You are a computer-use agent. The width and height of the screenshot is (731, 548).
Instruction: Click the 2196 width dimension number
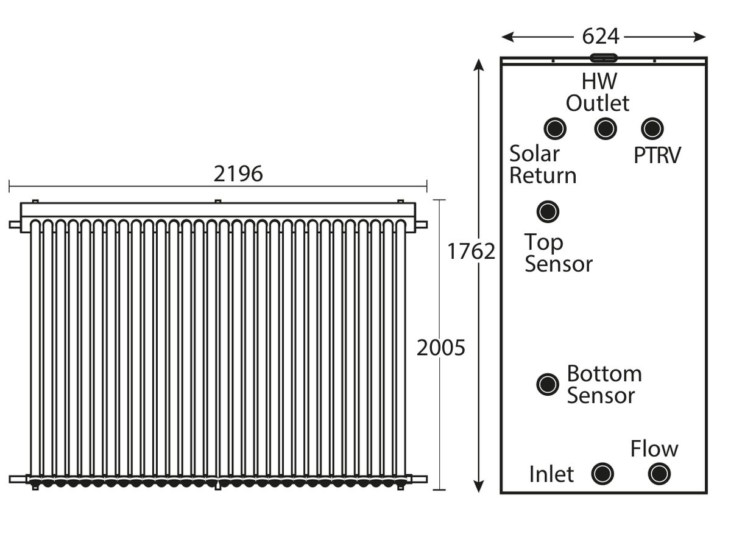click(x=238, y=174)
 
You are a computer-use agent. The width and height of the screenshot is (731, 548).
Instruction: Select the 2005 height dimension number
click(x=440, y=348)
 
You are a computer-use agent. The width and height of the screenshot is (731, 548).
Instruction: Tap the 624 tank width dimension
click(x=600, y=37)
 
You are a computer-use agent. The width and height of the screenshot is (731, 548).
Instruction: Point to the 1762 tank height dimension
click(x=471, y=251)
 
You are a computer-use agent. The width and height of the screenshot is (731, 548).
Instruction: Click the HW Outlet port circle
click(x=605, y=128)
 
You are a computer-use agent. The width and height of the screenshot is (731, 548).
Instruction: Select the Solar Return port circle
click(x=555, y=128)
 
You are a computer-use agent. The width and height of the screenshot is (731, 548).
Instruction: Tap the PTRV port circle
click(x=652, y=128)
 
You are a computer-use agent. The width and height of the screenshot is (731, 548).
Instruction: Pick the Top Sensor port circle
click(x=548, y=212)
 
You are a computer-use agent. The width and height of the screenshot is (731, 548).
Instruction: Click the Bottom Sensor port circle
click(x=548, y=385)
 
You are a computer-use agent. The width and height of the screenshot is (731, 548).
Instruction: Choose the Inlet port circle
click(x=602, y=474)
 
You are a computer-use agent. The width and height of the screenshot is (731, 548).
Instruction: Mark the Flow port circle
click(x=659, y=474)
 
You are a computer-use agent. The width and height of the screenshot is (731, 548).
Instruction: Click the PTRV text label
click(x=657, y=155)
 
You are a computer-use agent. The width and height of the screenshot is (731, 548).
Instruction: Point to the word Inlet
click(x=551, y=474)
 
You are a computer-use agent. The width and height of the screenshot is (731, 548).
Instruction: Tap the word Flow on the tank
click(x=654, y=449)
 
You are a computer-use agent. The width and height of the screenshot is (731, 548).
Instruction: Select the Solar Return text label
click(x=543, y=164)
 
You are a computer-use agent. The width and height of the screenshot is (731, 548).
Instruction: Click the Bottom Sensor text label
click(x=604, y=385)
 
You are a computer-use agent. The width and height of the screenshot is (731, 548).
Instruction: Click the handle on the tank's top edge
click(x=604, y=58)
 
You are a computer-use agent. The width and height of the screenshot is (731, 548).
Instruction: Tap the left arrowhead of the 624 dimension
click(x=507, y=37)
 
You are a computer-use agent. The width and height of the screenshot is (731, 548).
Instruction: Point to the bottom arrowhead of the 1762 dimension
click(x=478, y=486)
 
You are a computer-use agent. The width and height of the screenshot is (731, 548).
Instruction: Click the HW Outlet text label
click(x=598, y=92)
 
